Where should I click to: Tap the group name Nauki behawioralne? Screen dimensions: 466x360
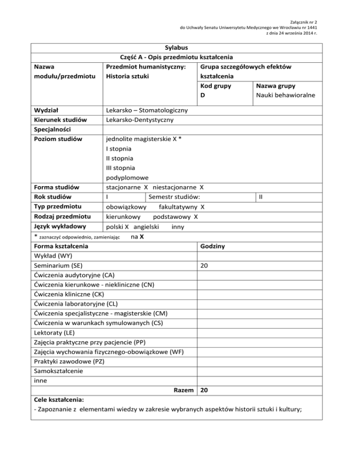[285, 96]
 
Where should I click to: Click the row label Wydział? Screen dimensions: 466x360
[46, 110]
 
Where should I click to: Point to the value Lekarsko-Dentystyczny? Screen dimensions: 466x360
[140, 120]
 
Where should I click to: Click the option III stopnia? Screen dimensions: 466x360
[120, 168]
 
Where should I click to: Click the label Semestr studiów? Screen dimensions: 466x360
[175, 197]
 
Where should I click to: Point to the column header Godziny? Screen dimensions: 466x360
[213, 246]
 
